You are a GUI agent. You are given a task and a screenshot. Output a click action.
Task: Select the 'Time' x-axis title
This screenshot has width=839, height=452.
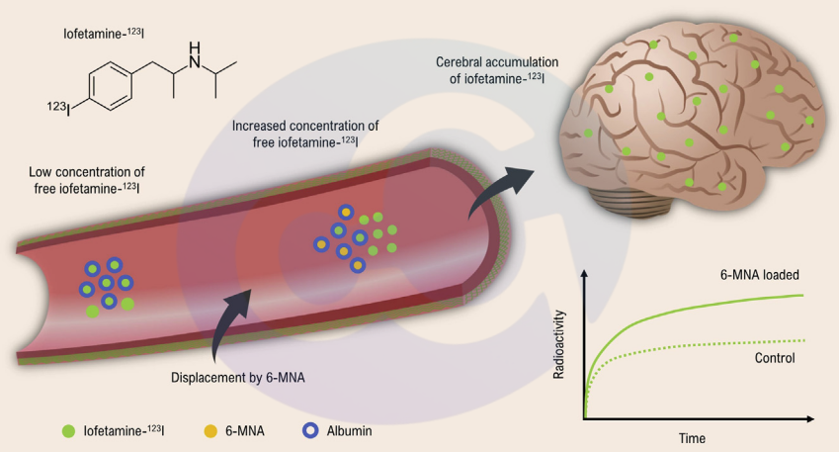pos(691,436)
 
